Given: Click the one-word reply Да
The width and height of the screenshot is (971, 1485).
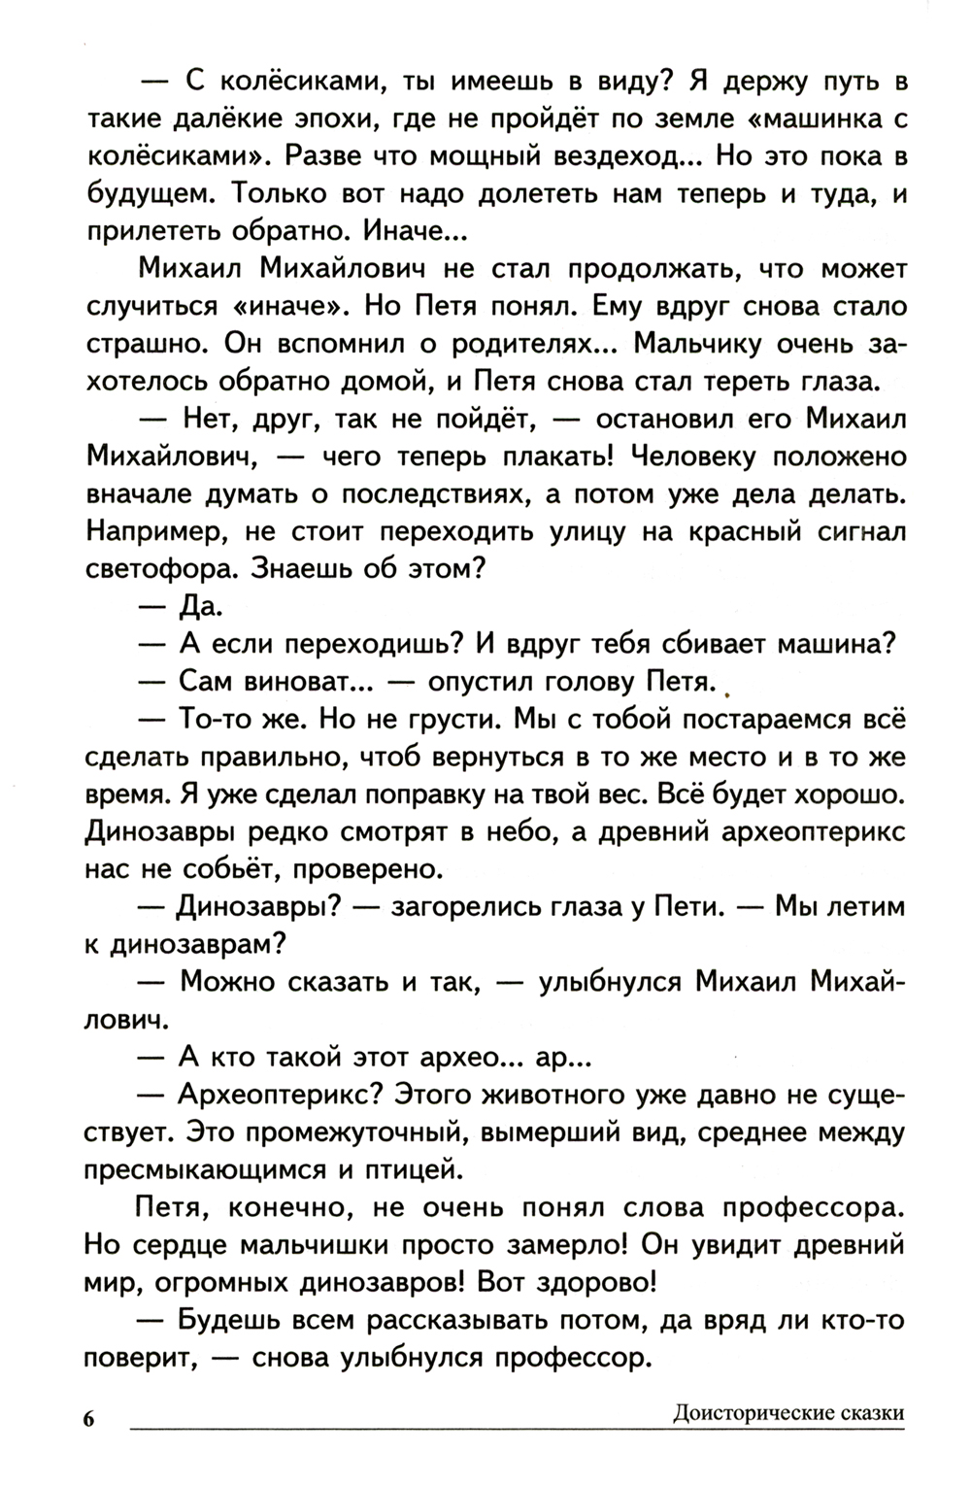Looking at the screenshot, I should [x=200, y=608].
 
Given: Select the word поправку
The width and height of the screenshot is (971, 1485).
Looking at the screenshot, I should [x=491, y=794].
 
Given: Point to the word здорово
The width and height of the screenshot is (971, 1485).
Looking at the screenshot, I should [x=582, y=1282].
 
